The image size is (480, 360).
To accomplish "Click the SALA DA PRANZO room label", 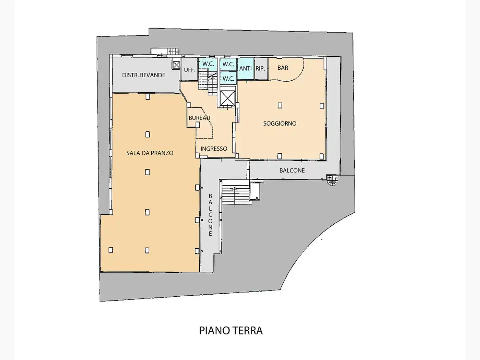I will tap(149, 153).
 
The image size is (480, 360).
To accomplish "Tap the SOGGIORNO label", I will tap(280, 123).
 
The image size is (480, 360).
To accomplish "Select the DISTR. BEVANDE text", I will tap(144, 75).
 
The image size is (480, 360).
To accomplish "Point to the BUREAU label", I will tap(199, 118).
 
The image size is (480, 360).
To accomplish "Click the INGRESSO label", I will tap(214, 149).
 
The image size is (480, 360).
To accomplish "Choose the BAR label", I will tap(283, 68).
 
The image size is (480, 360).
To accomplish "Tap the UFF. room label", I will tap(189, 70).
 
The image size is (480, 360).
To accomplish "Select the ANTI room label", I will tap(245, 69).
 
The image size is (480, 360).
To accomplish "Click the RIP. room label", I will tap(260, 69).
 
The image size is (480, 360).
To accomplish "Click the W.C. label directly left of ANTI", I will tap(228, 64).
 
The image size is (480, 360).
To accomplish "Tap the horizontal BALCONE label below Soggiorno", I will tap(292, 170).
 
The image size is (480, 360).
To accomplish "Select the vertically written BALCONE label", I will tap(210, 215).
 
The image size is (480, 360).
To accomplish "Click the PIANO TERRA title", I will tap(231, 330).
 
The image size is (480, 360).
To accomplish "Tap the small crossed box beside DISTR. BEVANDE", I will tap(176, 64).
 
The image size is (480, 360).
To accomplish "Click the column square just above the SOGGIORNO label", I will tap(280, 105).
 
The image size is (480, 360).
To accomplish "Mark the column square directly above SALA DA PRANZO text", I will tap(147, 134).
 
